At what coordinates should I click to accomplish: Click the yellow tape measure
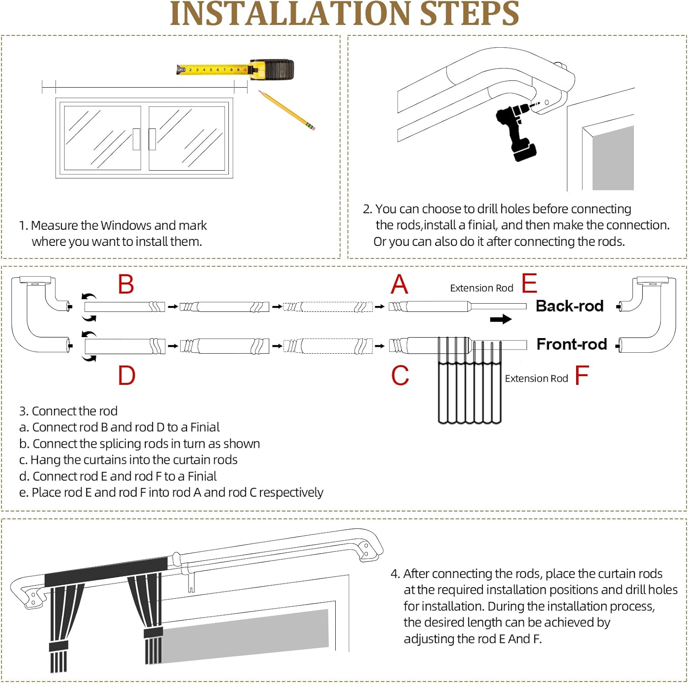[235, 70]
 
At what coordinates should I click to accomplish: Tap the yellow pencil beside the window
[287, 111]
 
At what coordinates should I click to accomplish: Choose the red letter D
[127, 375]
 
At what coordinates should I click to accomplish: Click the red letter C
[400, 375]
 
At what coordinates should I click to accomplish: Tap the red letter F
[582, 375]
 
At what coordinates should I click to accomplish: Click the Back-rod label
[570, 306]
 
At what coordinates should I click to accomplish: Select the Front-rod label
[572, 344]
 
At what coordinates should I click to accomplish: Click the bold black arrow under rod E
[501, 319]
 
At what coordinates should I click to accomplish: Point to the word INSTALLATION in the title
[290, 14]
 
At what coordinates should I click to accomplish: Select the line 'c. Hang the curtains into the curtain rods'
[128, 460]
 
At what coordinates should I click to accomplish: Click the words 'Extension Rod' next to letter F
[537, 378]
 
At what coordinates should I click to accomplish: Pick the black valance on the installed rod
[106, 572]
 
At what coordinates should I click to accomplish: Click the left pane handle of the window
[136, 139]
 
